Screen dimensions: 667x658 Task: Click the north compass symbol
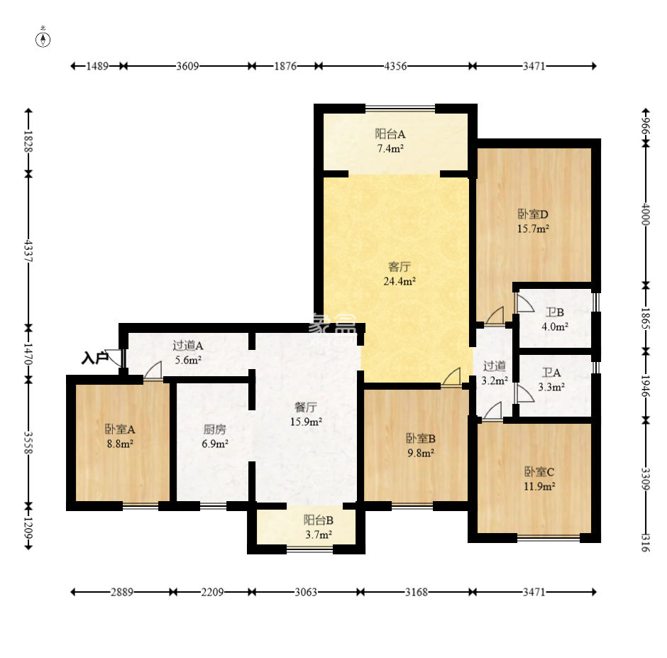(43, 40)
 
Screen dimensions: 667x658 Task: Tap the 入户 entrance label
(95, 358)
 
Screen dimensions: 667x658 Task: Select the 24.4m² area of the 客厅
(399, 281)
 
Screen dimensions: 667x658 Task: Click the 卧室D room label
(533, 214)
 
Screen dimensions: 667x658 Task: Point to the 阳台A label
(390, 134)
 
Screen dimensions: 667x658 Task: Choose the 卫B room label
(555, 312)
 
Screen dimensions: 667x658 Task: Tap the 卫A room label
(551, 373)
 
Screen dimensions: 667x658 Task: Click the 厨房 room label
(215, 429)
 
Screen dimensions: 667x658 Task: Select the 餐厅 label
(306, 407)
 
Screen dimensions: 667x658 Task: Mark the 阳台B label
(318, 520)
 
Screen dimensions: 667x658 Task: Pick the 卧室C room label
(539, 471)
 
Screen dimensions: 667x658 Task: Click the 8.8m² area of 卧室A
(121, 444)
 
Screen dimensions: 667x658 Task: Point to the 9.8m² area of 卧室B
(421, 453)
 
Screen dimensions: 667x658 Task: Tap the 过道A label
(188, 345)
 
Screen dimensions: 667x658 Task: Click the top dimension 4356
(395, 66)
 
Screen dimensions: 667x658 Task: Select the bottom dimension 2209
(212, 592)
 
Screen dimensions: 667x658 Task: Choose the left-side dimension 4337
(28, 251)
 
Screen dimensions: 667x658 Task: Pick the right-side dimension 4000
(646, 214)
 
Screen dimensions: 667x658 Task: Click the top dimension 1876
(285, 66)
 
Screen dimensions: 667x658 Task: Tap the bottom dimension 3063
(306, 592)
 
